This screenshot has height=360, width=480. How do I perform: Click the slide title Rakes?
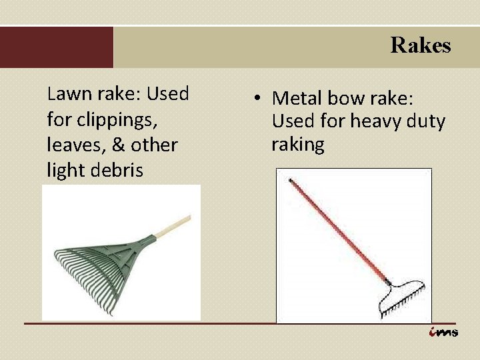click(x=420, y=45)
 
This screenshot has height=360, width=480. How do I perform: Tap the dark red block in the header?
click(x=57, y=47)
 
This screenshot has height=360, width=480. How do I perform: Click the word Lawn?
click(x=65, y=94)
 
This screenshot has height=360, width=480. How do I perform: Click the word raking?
click(x=297, y=145)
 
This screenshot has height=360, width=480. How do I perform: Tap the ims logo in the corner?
click(x=443, y=332)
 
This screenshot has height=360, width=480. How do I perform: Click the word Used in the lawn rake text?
click(x=168, y=94)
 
